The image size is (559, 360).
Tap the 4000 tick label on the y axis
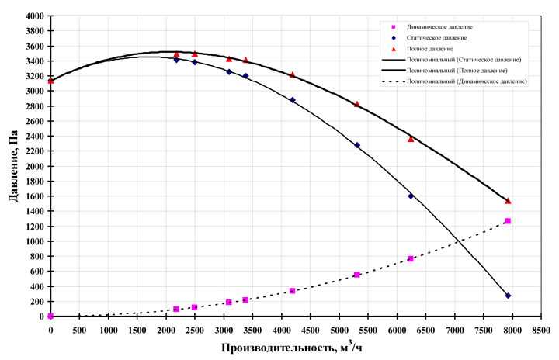coord(34,16)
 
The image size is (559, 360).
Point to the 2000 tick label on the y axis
coord(34,166)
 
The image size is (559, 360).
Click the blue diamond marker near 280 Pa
coord(508,296)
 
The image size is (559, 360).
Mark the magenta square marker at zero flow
coord(50,317)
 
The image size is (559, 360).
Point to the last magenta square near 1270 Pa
coord(508,221)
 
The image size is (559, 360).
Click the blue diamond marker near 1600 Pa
coord(411,196)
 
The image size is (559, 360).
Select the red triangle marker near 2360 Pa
coord(411,139)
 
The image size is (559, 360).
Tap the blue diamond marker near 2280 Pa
coord(357,145)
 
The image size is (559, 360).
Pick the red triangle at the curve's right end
coord(508,201)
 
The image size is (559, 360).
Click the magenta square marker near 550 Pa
coord(357,275)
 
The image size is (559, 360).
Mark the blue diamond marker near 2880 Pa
coord(293,100)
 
